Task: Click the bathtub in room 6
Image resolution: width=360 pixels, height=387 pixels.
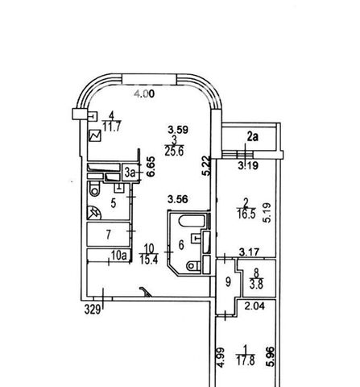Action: (192, 222)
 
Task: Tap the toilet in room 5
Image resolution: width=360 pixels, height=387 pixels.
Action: (94, 189)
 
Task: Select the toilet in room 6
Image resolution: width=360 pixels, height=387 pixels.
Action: (193, 266)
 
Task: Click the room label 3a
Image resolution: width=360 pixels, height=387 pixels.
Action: (130, 173)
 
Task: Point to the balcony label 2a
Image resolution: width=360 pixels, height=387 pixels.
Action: (253, 137)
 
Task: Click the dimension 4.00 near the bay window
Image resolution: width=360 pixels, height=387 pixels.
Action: (144, 94)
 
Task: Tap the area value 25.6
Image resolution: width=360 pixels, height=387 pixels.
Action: (174, 152)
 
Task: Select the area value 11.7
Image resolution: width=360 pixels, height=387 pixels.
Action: (112, 127)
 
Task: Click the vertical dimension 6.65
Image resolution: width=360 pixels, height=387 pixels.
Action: (151, 167)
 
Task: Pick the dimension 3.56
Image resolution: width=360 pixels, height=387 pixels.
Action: (178, 199)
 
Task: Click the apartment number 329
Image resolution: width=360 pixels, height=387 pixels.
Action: (93, 309)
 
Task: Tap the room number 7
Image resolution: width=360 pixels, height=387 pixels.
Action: (108, 235)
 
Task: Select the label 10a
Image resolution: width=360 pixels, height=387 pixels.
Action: (118, 256)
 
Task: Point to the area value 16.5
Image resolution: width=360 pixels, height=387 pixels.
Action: (246, 214)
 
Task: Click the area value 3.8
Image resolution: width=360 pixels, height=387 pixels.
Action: (256, 285)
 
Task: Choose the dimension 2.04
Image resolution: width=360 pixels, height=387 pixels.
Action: (254, 306)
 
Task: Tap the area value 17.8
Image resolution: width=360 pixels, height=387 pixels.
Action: (246, 360)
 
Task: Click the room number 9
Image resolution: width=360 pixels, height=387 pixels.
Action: (228, 282)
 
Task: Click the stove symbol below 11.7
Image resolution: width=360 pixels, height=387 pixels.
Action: (95, 135)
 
